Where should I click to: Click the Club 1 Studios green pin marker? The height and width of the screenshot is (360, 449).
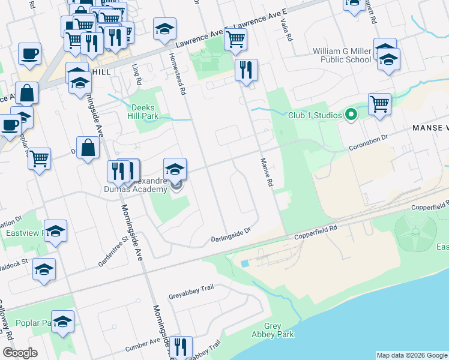(x=352, y=114)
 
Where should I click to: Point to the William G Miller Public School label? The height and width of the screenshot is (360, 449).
(x=342, y=55)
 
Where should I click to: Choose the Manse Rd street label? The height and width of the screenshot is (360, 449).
(x=267, y=172)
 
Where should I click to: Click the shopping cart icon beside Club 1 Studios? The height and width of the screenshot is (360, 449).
(x=379, y=104)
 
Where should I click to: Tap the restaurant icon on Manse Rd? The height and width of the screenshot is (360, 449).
(x=247, y=70)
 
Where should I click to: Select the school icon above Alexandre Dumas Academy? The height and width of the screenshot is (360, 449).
(x=175, y=169)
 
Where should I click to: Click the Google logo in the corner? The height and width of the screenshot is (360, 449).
(x=20, y=352)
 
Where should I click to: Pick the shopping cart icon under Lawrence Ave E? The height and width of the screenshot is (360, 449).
(x=235, y=40)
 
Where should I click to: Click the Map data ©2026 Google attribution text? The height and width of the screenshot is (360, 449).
(x=411, y=355)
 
